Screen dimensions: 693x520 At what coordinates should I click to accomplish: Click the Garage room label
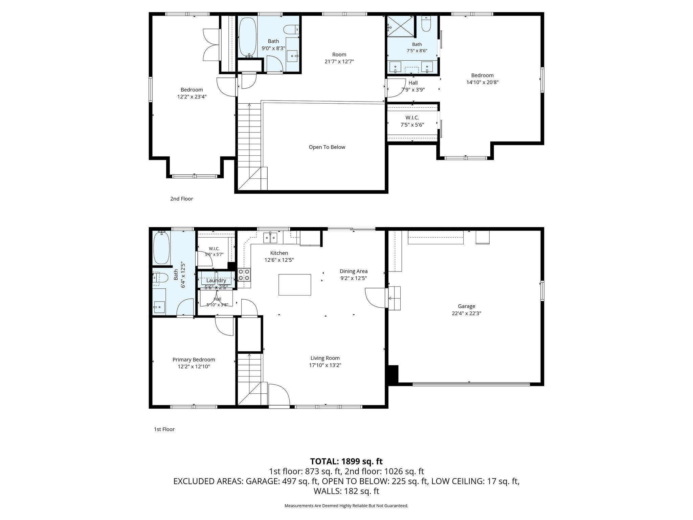[x=467, y=306]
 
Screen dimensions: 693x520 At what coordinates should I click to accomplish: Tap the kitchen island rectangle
[x=295, y=285]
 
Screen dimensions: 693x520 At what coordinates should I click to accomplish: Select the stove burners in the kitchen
[x=244, y=275]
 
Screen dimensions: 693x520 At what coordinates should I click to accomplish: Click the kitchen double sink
[x=270, y=238]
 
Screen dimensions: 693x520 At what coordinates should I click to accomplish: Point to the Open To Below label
[x=327, y=147]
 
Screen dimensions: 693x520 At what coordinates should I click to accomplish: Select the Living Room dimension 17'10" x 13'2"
[x=325, y=365]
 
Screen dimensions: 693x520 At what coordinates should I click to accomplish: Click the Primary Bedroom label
[x=194, y=360]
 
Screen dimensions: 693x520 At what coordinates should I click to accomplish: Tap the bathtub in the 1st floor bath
[x=161, y=248]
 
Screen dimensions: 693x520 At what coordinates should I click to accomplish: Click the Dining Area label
[x=354, y=271]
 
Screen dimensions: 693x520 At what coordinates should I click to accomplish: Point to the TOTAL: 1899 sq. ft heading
[x=346, y=461]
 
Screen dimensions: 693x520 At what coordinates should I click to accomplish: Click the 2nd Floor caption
[x=181, y=199]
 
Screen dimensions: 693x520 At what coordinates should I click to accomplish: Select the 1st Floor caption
[x=164, y=429]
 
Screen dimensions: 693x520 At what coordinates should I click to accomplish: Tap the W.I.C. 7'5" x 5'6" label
[x=412, y=121]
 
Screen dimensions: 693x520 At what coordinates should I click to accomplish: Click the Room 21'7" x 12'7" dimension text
[x=339, y=62]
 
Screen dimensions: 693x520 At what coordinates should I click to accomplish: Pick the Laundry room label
[x=216, y=281]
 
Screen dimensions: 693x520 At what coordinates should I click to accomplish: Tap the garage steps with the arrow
[x=394, y=298]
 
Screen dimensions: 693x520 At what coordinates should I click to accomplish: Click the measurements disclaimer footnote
[x=346, y=506]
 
